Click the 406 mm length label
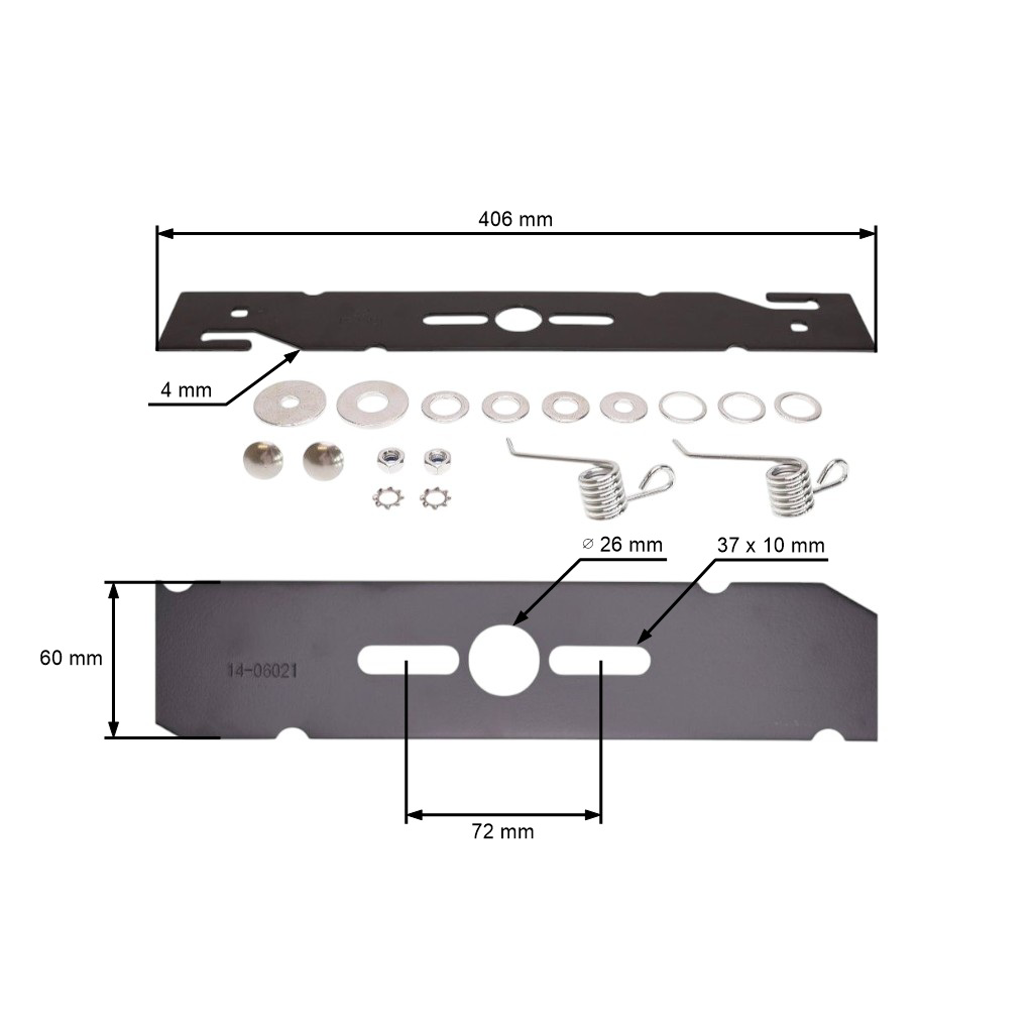(x=515, y=219)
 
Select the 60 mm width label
(x=71, y=658)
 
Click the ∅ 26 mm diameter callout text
(x=622, y=545)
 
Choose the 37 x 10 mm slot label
(x=771, y=545)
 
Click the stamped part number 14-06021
(x=262, y=671)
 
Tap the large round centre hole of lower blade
(x=504, y=660)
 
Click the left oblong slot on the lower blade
(x=408, y=660)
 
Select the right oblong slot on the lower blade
(x=599, y=660)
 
